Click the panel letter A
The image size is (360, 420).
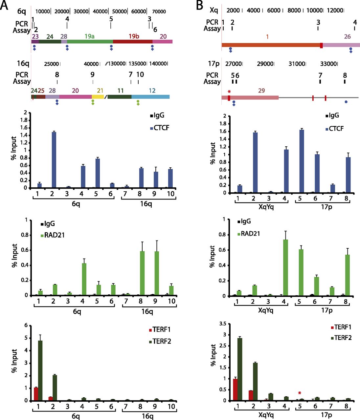(4, 6)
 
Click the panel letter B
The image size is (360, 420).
(200, 6)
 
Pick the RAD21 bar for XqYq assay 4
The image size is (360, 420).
(285, 268)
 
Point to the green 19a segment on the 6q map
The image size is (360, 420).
(90, 42)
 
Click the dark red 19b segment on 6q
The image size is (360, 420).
(133, 42)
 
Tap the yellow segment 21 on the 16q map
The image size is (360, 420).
(98, 97)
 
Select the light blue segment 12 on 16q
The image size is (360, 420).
(150, 97)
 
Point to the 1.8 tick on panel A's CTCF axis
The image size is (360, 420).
(24, 120)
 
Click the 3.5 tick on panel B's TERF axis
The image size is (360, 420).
(222, 324)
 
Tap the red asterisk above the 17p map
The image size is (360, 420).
(229, 91)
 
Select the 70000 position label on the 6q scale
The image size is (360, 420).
(159, 11)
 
